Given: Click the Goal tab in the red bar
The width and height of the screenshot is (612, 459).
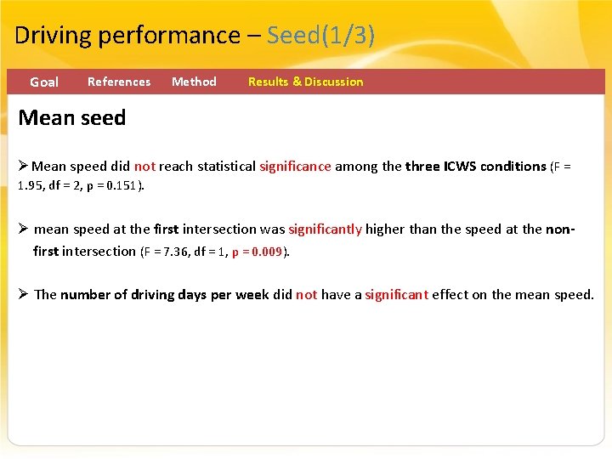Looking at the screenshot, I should click(x=44, y=82).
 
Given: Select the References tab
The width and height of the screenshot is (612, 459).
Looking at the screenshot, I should click(x=119, y=82).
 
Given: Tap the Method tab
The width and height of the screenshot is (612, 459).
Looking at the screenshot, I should click(x=194, y=82).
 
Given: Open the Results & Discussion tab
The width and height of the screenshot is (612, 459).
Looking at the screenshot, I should click(x=305, y=82).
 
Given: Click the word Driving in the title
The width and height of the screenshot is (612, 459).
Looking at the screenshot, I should click(x=54, y=36).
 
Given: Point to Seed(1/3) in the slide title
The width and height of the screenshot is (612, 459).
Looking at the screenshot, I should click(x=320, y=36).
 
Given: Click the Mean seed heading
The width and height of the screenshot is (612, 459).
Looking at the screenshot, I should click(x=72, y=118).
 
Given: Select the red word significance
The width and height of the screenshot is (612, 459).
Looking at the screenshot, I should click(x=295, y=167).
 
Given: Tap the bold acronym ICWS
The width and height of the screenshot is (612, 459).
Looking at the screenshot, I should click(x=460, y=167).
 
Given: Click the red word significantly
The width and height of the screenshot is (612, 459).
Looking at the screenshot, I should click(x=325, y=229).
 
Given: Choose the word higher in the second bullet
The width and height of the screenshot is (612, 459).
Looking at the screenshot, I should click(x=386, y=229).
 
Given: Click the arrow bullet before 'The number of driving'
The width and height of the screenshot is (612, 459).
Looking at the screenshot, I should click(x=24, y=294).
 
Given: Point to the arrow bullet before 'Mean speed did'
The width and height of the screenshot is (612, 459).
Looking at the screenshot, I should click(x=24, y=166).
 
